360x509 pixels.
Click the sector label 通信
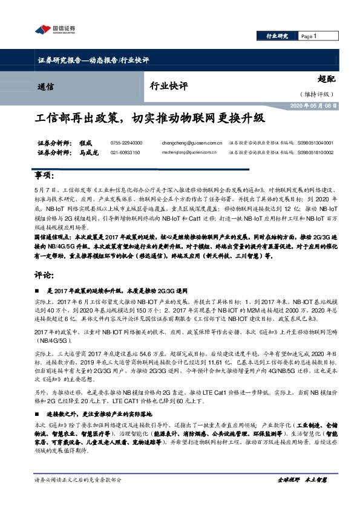[46, 86]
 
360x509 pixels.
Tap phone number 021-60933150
[125, 153]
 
